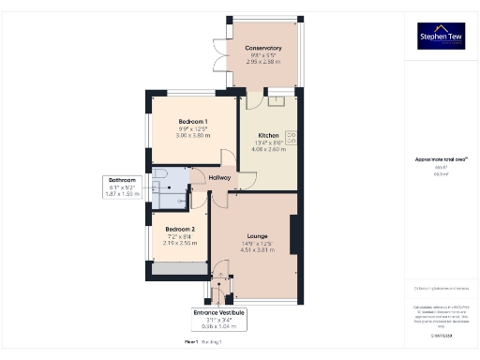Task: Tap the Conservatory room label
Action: [x=263, y=48]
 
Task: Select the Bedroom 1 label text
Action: [x=195, y=121]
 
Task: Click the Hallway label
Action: [x=219, y=177]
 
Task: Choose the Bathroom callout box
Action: [x=122, y=186]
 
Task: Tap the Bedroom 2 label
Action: [x=180, y=229]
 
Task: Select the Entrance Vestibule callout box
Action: [x=218, y=319]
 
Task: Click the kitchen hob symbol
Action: [x=290, y=139]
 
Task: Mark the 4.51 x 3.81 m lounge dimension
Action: [x=258, y=250]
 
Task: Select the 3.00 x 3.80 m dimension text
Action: [x=195, y=135]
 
